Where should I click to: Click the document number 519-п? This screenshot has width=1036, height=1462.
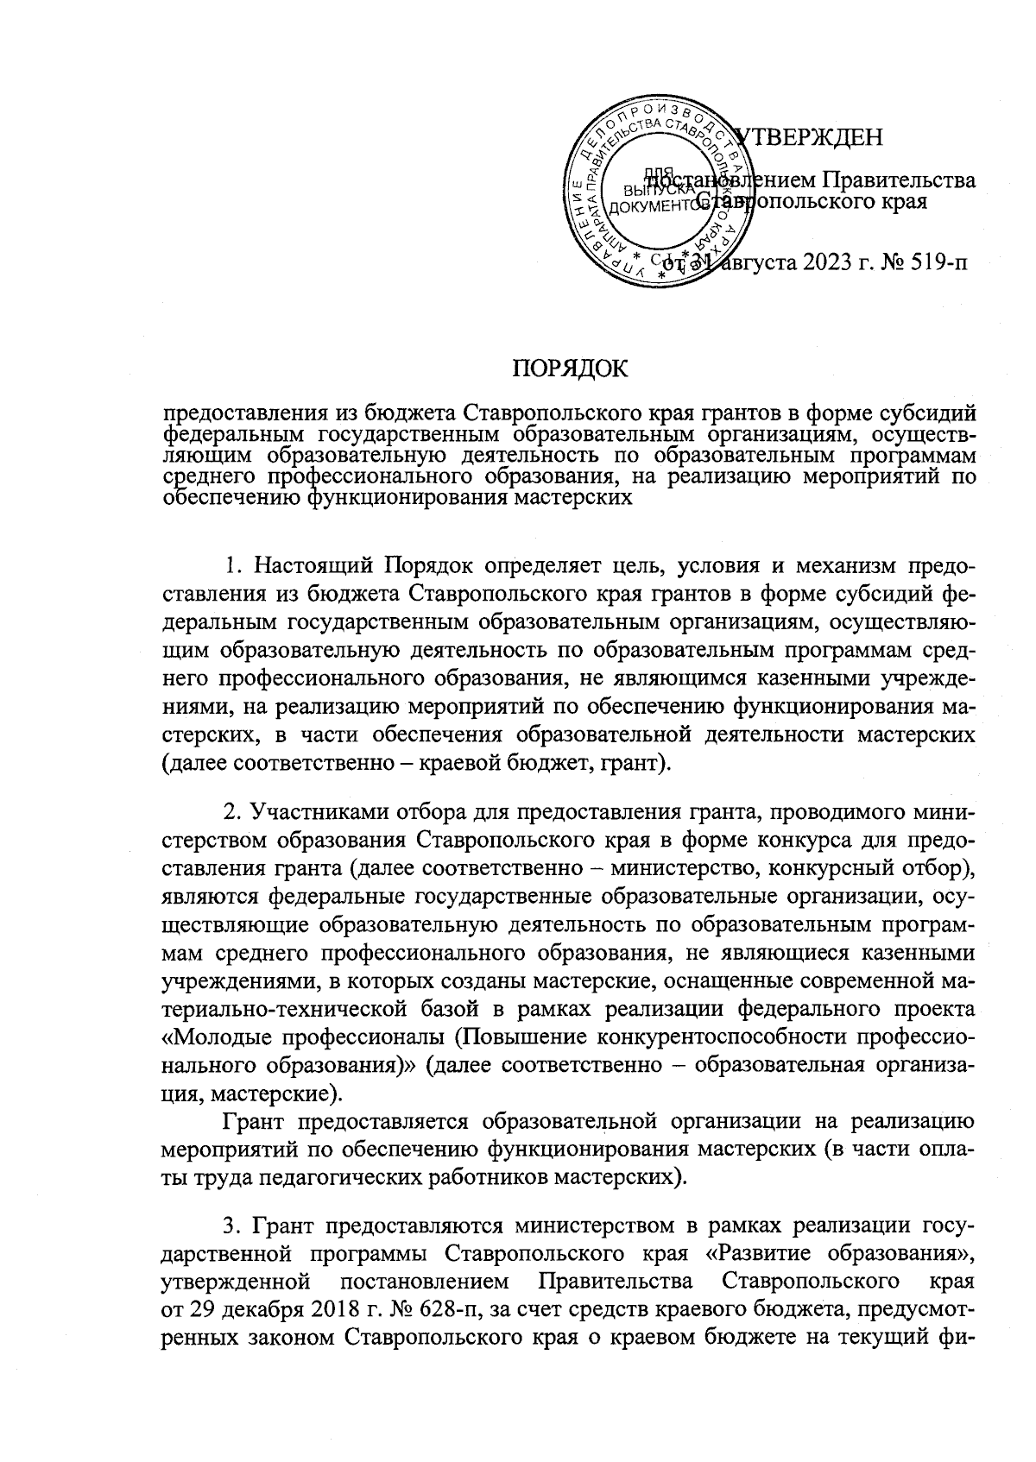[x=932, y=262]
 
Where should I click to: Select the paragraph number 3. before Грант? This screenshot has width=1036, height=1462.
[x=231, y=1227]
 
